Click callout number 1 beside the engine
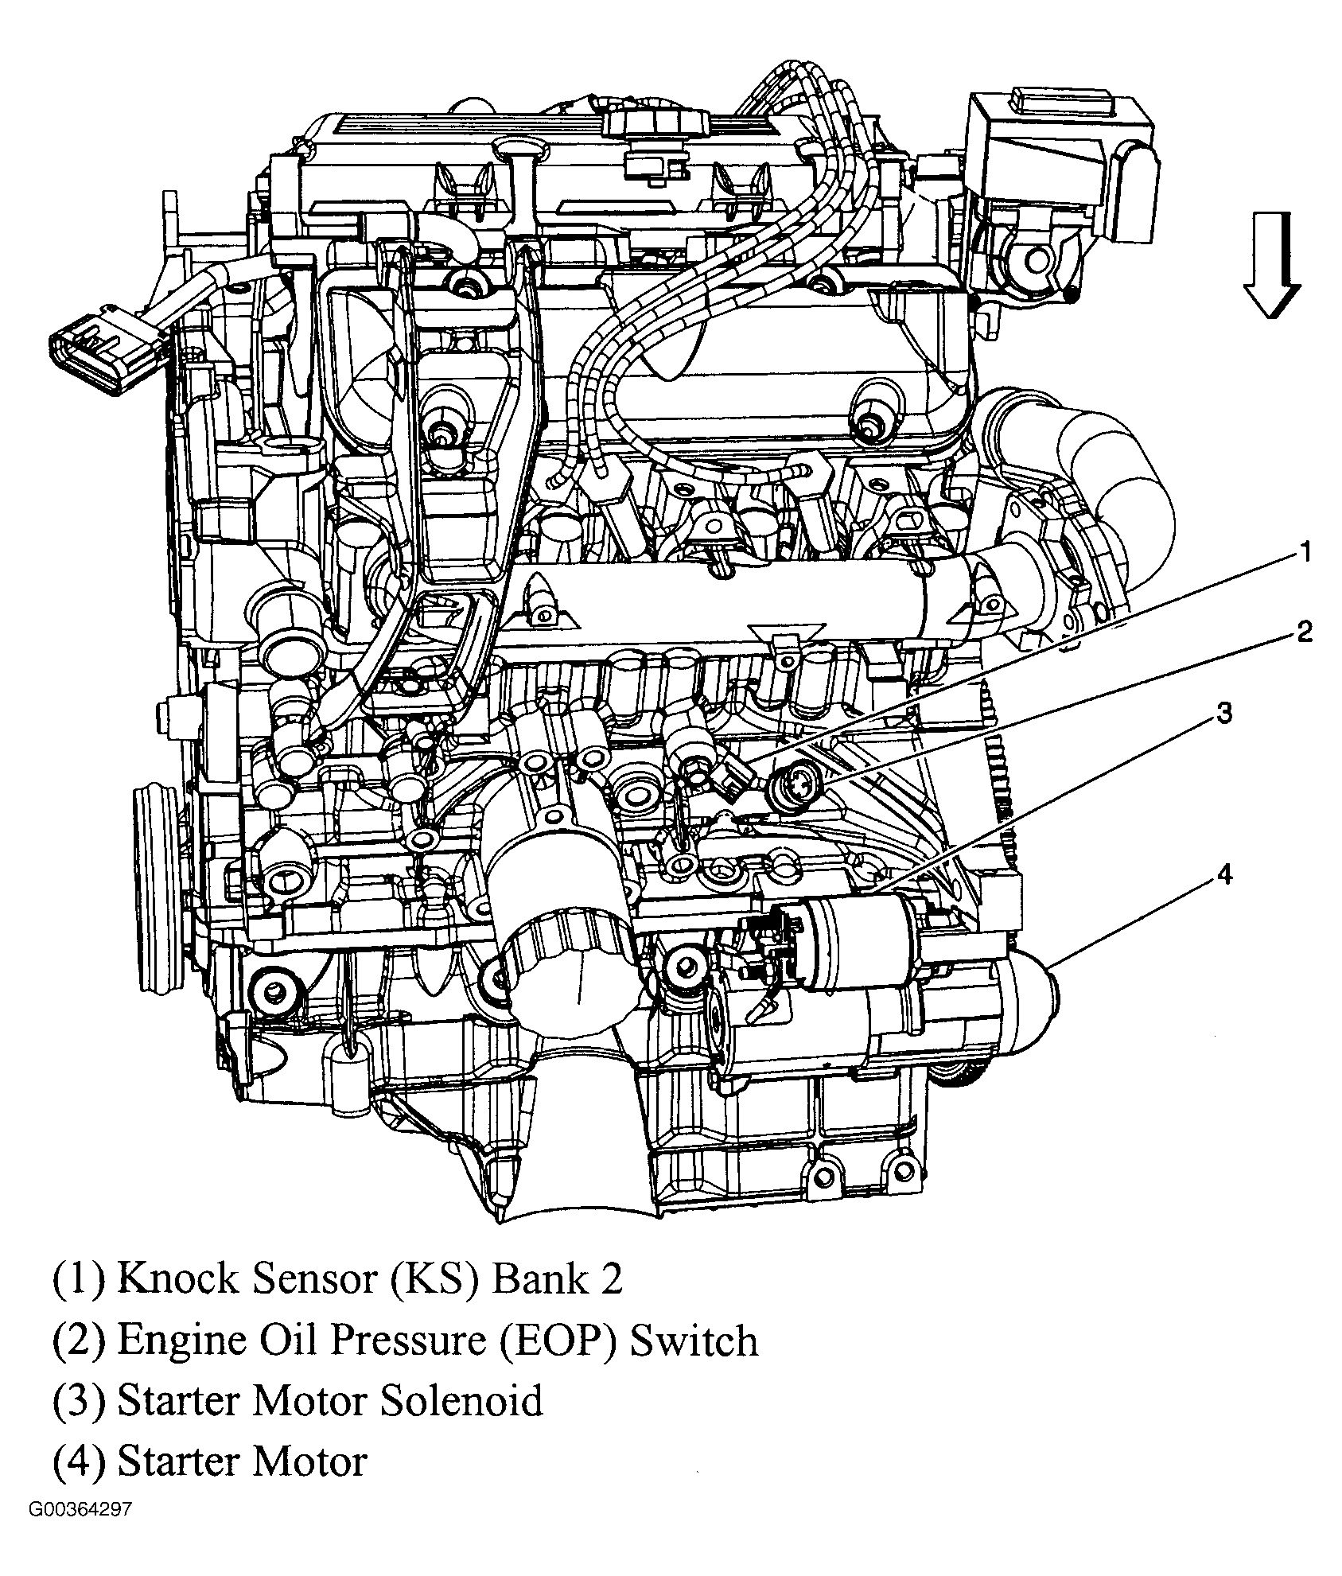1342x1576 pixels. (1303, 551)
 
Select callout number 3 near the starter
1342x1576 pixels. (1225, 713)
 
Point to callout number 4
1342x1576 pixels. (1225, 875)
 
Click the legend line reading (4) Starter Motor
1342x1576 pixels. (210, 1461)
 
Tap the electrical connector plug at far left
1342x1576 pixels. (103, 347)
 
